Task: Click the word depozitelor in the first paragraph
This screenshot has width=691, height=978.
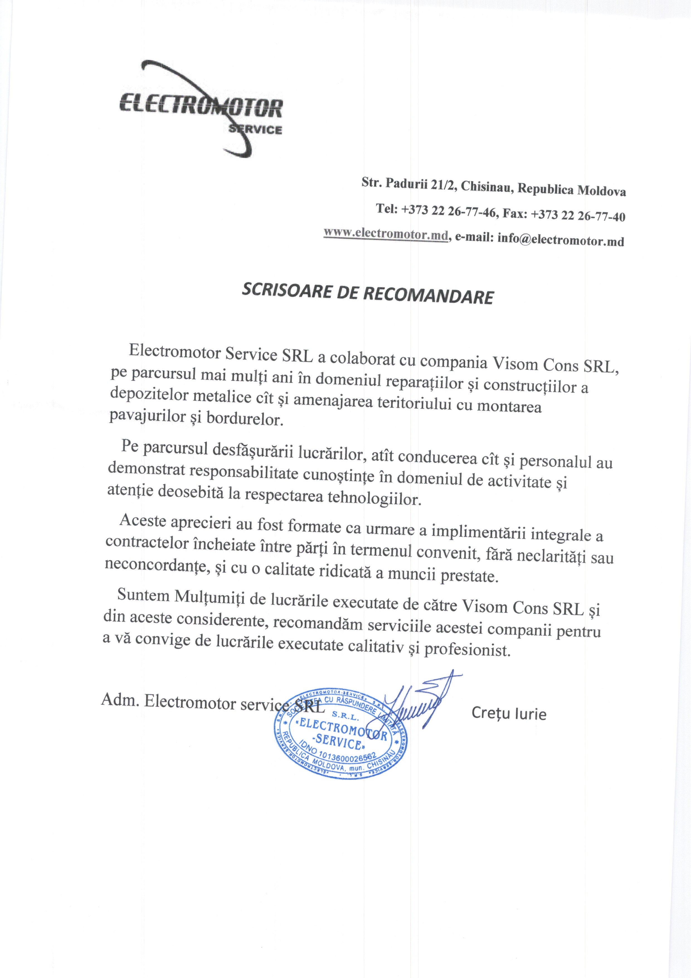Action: tap(149, 394)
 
